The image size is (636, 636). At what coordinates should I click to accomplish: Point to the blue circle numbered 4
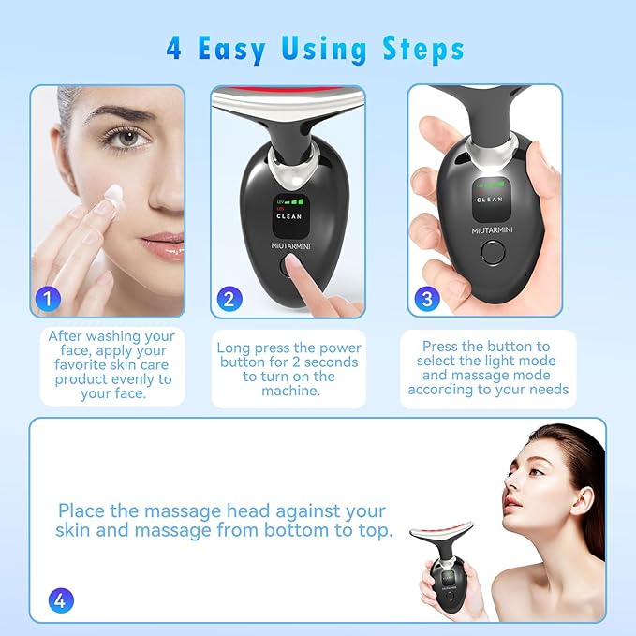pyautogui.click(x=61, y=599)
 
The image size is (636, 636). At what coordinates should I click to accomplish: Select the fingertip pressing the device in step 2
pyautogui.click(x=298, y=272)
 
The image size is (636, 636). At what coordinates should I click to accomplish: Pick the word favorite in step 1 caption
pyautogui.click(x=76, y=364)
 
